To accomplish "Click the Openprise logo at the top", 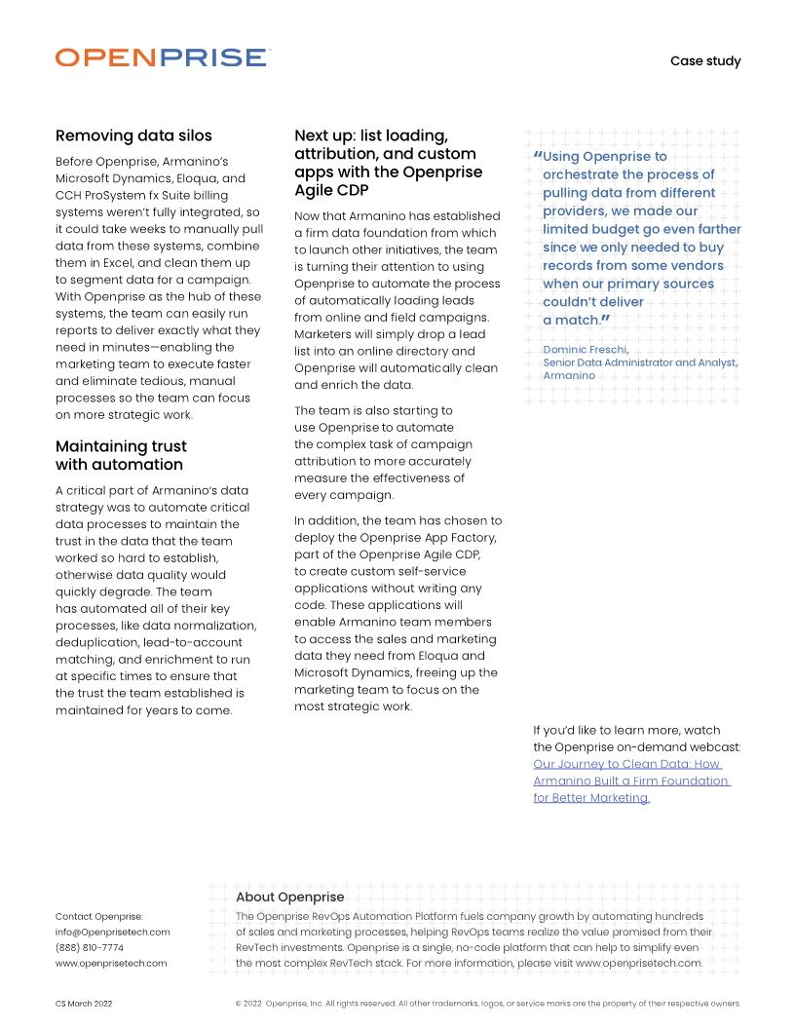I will (x=162, y=57).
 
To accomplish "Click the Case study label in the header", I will (x=704, y=61).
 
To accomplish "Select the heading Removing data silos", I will (x=133, y=135).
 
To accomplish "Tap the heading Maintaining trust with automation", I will (x=121, y=455).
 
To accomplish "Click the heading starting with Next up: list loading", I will (x=388, y=163).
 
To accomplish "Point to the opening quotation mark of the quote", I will (x=537, y=157).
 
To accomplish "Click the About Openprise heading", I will (x=289, y=896).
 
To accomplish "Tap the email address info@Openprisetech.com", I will (x=112, y=932).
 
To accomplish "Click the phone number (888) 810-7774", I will (x=90, y=947).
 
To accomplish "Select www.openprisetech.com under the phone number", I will (x=111, y=963).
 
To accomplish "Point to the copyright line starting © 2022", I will (x=487, y=1003).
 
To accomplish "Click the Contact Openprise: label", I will (x=99, y=916).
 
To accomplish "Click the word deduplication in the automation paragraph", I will (x=101, y=642).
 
